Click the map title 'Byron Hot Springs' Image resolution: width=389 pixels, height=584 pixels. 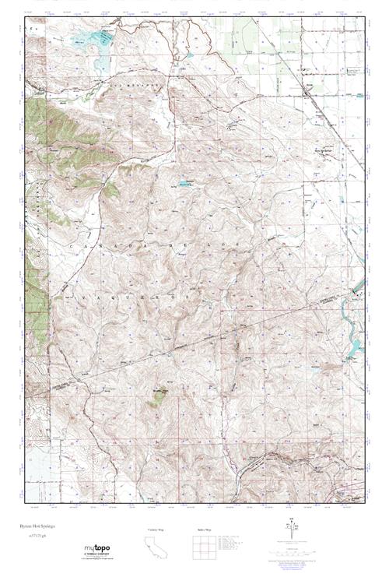point(48,527)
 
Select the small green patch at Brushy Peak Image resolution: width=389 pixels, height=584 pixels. point(159,396)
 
